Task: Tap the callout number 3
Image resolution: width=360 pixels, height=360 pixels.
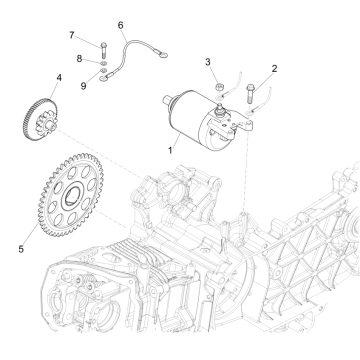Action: point(208,63)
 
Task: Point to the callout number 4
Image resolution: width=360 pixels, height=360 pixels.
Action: point(60,76)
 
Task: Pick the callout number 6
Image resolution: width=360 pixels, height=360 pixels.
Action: point(121,24)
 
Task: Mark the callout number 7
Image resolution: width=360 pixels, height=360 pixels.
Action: point(71,36)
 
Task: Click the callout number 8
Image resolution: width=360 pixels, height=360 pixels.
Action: point(79,59)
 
